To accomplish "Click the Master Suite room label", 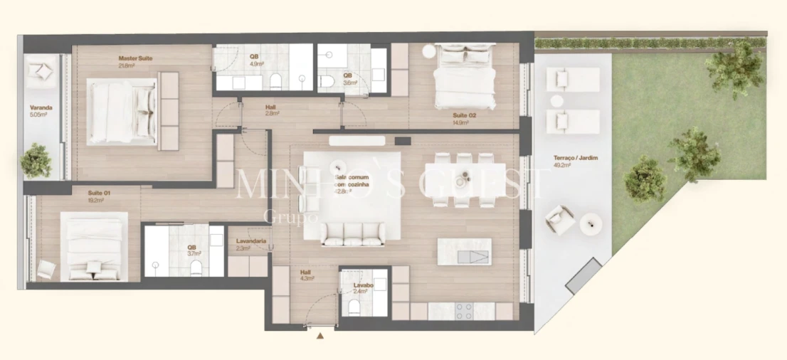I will pos(135,58).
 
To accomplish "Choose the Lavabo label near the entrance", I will pos(363,286).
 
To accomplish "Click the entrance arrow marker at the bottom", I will pos(321,336).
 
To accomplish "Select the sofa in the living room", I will pos(352,233).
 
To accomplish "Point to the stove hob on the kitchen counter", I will pos(463,310).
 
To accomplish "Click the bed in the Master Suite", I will pos(122,112).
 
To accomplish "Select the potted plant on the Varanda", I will pos(36,161).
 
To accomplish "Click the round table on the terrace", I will pos(591,224).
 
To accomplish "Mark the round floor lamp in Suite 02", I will pos(428,52).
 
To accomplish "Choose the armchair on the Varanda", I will pos(41,71).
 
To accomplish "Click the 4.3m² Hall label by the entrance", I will pos(306,274).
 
